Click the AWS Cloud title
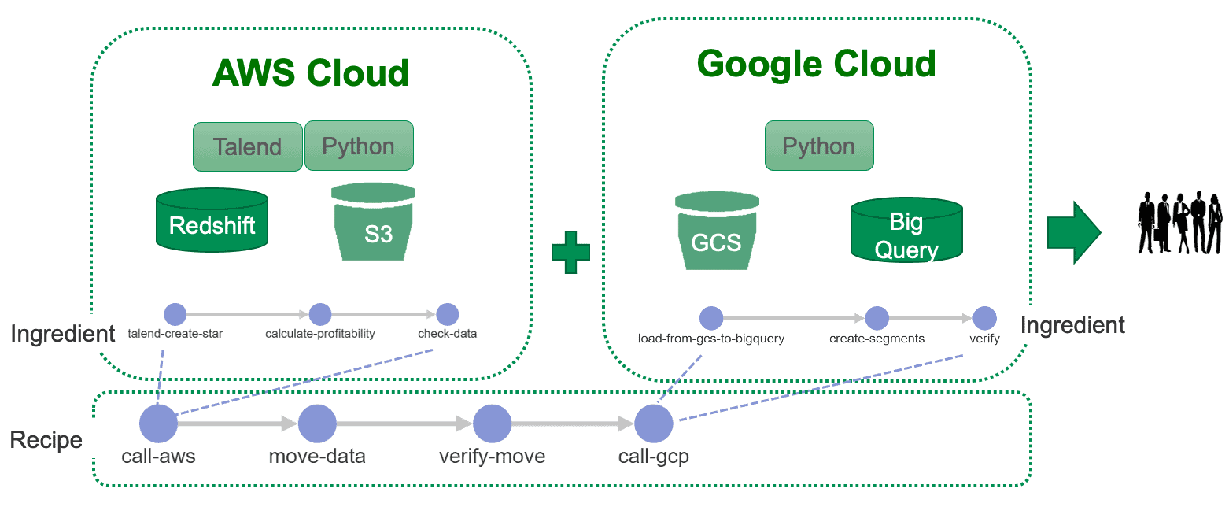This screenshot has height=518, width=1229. [311, 73]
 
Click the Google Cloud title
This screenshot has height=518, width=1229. [817, 64]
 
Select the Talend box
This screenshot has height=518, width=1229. [248, 146]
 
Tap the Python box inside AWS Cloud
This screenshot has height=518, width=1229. [359, 146]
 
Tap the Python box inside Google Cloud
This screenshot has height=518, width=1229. [818, 146]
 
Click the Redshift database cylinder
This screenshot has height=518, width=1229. [212, 220]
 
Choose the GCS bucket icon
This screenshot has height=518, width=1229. [716, 231]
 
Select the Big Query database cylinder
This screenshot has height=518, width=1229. [906, 231]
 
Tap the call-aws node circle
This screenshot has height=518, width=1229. [158, 424]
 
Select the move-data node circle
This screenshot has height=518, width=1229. [317, 424]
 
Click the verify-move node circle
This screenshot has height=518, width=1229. [492, 424]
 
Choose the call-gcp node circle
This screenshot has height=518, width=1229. [654, 424]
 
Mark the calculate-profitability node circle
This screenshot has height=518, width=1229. [320, 314]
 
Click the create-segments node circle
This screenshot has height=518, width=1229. [877, 318]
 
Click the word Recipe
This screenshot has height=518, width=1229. [46, 440]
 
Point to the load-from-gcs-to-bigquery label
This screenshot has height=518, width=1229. [711, 339]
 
